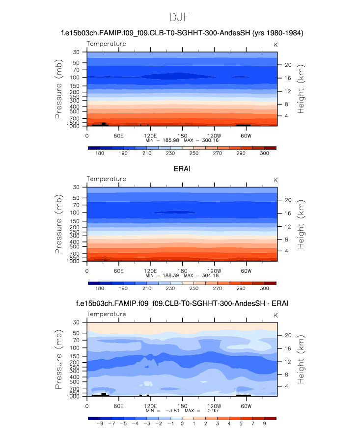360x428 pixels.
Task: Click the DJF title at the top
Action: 180,17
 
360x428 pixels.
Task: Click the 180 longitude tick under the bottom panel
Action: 182,406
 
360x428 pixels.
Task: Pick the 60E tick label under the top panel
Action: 118,135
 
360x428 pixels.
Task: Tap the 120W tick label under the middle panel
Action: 214,271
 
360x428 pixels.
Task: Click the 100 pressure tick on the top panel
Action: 76,78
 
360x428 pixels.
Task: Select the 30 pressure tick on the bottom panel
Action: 77,322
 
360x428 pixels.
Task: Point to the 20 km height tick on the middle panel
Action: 289,200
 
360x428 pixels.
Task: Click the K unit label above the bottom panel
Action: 275,315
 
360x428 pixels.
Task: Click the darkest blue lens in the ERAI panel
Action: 174,213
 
